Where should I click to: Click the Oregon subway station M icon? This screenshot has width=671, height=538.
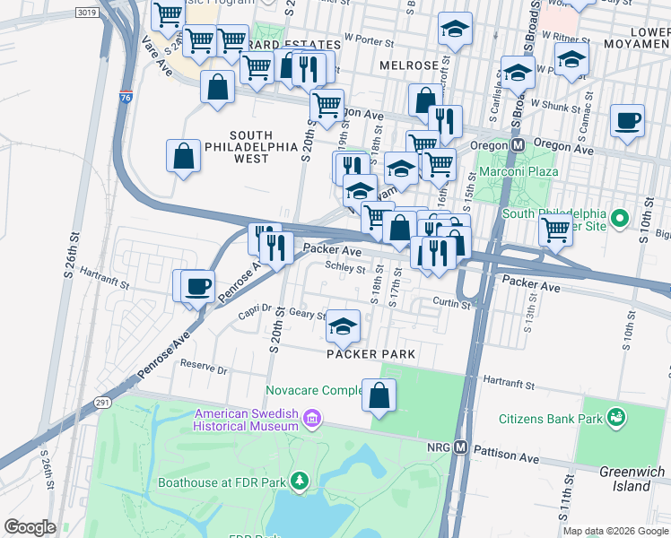point(518,144)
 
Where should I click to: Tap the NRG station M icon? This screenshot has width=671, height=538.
point(461,447)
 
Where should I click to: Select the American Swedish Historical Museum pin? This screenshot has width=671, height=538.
point(311,419)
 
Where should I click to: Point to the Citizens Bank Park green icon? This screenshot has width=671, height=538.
point(615,417)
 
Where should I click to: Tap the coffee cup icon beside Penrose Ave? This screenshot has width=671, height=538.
point(198,287)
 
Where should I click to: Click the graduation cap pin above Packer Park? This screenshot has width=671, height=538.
point(343,327)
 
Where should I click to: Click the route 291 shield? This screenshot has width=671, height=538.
point(102,403)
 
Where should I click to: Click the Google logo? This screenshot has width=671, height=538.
point(30,526)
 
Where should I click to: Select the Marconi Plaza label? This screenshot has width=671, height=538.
point(518,171)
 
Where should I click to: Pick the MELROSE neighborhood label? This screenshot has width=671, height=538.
point(408,66)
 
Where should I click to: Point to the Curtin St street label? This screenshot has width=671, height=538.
point(451,304)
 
